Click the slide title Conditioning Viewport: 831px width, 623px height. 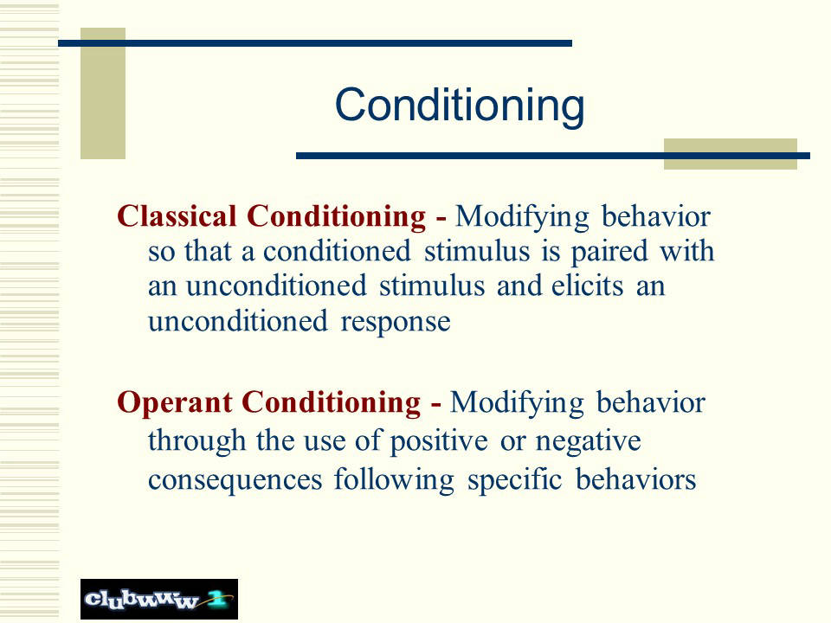click(460, 106)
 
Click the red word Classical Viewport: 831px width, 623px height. click(177, 216)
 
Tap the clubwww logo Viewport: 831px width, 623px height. click(159, 599)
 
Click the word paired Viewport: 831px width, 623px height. click(609, 253)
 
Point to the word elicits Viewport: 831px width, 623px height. click(587, 286)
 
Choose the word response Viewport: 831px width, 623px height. click(396, 323)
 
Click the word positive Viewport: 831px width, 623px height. click(439, 440)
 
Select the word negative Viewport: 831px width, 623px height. click(589, 441)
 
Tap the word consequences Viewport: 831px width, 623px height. click(235, 480)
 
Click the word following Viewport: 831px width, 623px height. click(394, 479)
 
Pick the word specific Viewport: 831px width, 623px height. click(514, 479)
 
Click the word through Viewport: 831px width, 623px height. click(196, 440)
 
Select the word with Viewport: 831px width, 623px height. click(686, 250)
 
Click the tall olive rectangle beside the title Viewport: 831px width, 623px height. click(103, 93)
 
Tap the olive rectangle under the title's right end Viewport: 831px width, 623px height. click(731, 154)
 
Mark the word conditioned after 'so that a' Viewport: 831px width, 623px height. click(337, 251)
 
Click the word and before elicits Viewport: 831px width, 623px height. click(518, 286)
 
